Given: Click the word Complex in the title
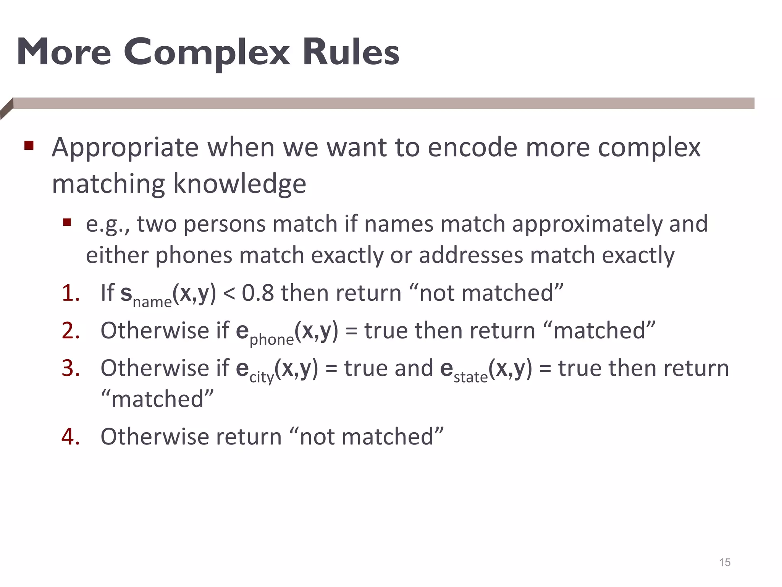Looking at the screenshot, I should coord(206,53).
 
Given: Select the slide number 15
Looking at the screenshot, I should coord(724,563).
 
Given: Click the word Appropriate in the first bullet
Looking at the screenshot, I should coord(125,148).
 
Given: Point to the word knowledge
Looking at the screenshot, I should coord(239,184).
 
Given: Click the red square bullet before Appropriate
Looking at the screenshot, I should coord(29,146).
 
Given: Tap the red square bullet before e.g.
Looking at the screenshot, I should coord(67,222).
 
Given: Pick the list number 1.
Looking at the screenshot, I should coord(71,293).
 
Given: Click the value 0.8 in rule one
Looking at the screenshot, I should coord(258,293).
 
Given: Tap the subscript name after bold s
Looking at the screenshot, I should coord(152,302).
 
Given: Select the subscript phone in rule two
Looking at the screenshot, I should coord(271,339).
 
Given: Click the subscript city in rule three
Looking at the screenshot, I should coord(262,378).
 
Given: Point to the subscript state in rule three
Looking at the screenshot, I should coord(470,378).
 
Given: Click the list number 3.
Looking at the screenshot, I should coord(71,368).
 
